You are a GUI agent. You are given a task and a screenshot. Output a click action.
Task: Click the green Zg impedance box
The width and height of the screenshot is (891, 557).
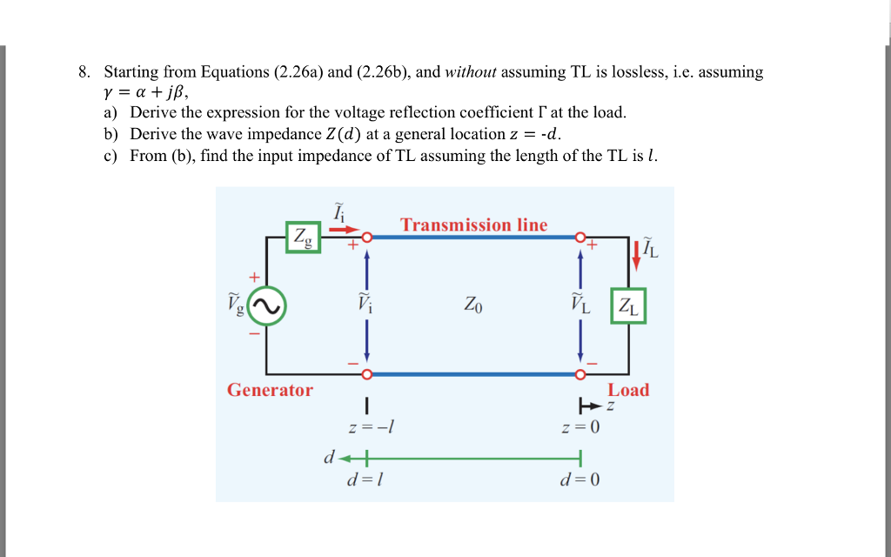tap(304, 236)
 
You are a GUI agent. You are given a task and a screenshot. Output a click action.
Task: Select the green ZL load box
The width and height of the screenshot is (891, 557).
tap(628, 305)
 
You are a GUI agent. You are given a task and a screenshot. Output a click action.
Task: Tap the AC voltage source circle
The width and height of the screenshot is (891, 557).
tap(268, 305)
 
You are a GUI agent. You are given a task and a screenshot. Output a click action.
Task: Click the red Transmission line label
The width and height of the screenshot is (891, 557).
tap(474, 225)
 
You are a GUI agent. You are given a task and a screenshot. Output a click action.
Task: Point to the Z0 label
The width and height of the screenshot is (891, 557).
tap(473, 305)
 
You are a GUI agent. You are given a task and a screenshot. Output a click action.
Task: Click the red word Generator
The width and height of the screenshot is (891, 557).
tap(270, 390)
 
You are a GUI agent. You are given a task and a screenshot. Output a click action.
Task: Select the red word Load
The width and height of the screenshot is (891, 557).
tap(628, 390)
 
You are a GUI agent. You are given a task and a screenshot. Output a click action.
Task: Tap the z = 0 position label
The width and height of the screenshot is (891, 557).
tap(580, 427)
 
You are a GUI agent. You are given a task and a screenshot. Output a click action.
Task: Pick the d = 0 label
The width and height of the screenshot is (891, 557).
tap(580, 480)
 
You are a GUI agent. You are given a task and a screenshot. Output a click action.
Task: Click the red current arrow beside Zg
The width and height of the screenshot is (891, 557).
tap(345, 231)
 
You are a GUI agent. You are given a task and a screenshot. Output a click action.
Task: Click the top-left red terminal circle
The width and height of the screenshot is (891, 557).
tap(367, 237)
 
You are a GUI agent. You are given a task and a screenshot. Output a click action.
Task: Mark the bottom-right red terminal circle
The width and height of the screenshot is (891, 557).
tap(580, 375)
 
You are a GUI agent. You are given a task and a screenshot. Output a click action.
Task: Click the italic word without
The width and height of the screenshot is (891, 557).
tap(471, 72)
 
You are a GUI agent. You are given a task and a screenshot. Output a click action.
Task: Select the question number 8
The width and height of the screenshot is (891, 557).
tap(84, 72)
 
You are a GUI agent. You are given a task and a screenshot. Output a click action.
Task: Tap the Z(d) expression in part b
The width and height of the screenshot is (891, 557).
tap(341, 134)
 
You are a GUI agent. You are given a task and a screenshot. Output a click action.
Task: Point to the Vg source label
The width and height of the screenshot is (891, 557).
tap(237, 304)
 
